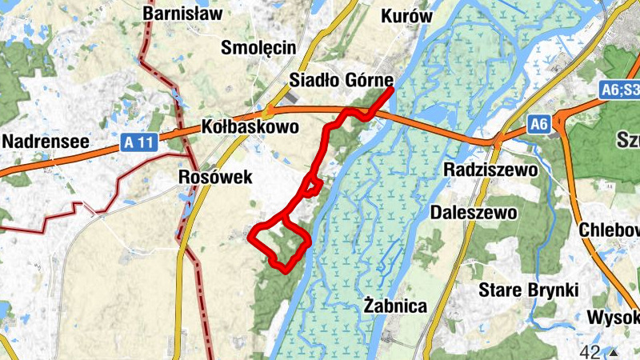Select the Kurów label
(406, 16)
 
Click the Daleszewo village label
(474, 213)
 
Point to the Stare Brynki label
(527, 289)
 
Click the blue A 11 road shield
(138, 142)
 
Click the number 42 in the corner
(592, 352)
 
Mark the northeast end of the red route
(393, 90)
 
